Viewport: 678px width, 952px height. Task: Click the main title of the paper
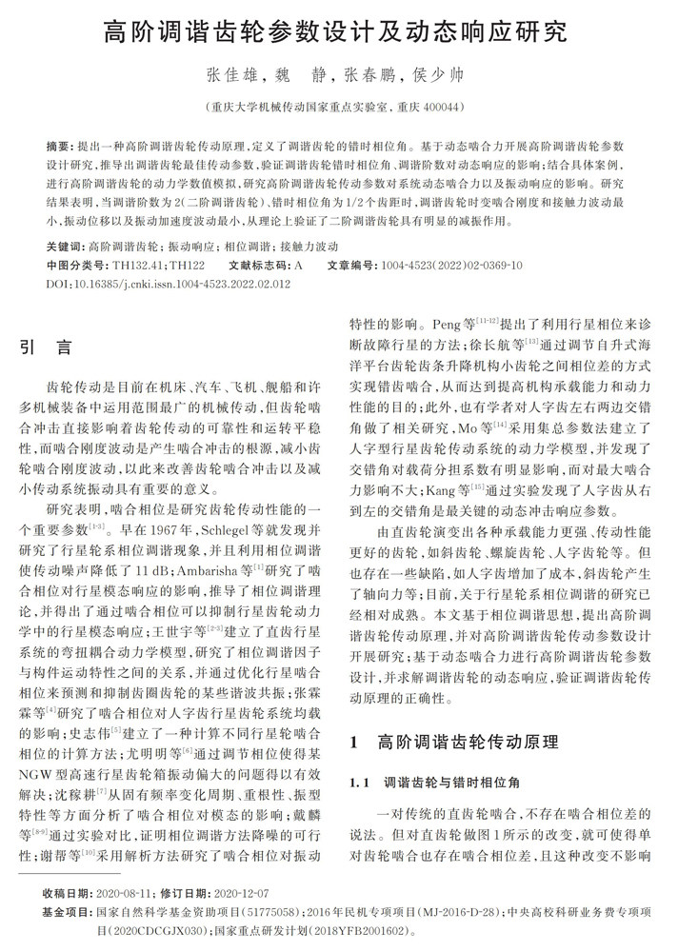(x=338, y=32)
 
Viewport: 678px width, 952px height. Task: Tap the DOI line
(x=168, y=284)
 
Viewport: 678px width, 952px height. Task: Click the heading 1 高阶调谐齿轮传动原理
(x=453, y=740)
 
